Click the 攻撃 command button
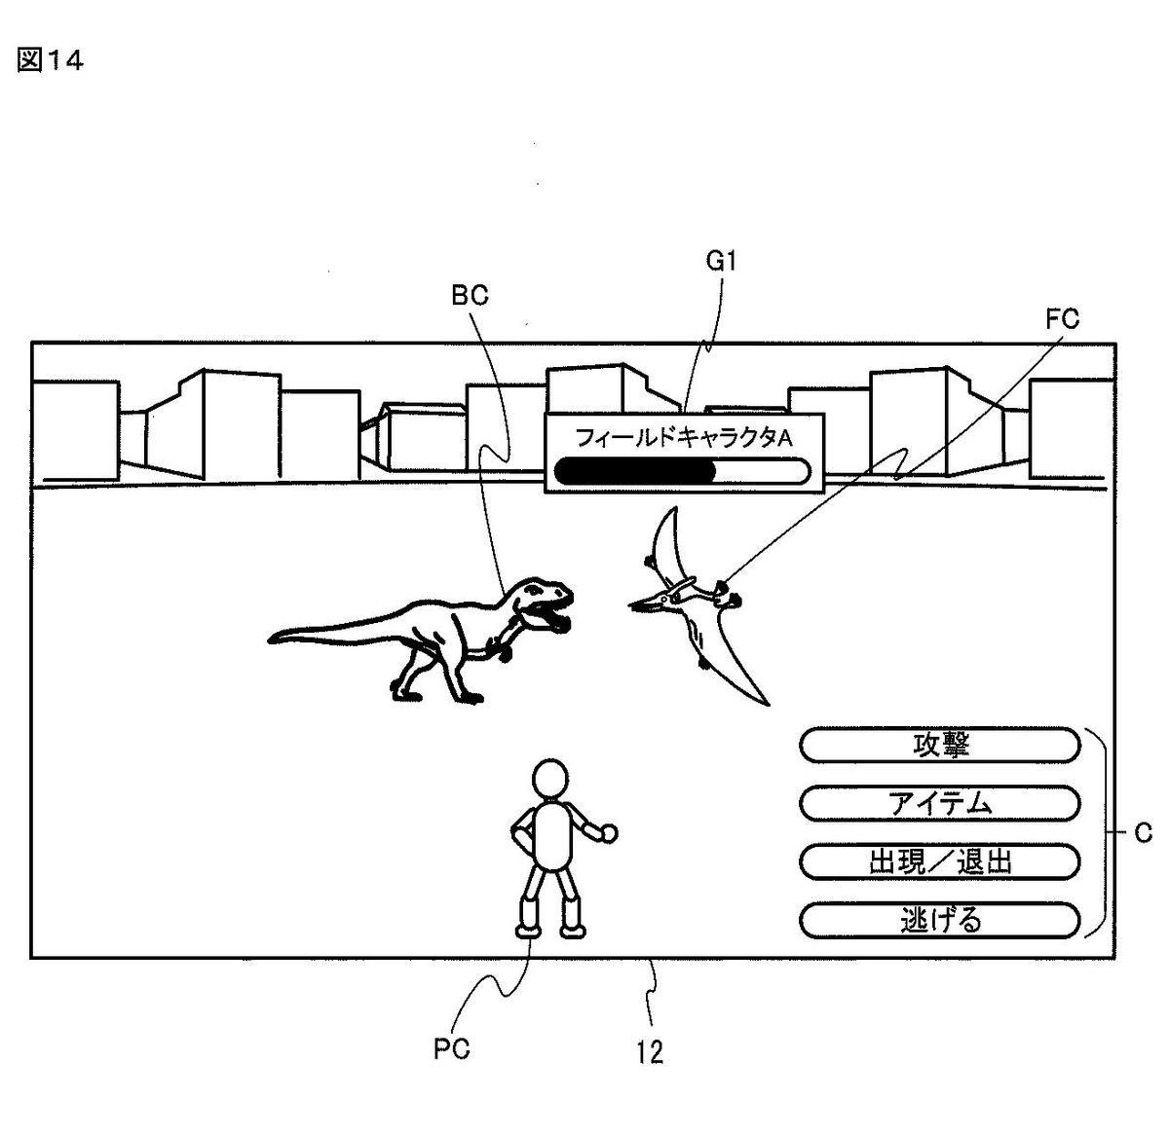pyautogui.click(x=940, y=746)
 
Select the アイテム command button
pyautogui.click(x=940, y=804)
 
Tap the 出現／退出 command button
pyautogui.click(x=940, y=861)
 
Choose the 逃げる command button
pyautogui.click(x=940, y=920)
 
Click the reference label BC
pyautogui.click(x=470, y=296)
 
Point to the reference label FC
pyautogui.click(x=1062, y=319)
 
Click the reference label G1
pyautogui.click(x=721, y=262)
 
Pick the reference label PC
pyautogui.click(x=451, y=1048)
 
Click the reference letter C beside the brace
pyautogui.click(x=1143, y=833)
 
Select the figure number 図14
pyautogui.click(x=51, y=60)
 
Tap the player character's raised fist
pyautogui.click(x=608, y=833)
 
